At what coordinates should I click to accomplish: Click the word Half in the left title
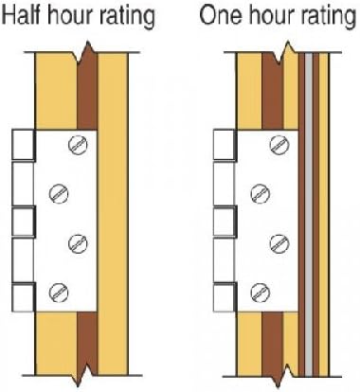(21, 15)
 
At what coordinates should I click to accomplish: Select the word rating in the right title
(327, 16)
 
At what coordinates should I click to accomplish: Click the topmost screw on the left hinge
(78, 145)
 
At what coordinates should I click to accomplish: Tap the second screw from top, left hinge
(59, 193)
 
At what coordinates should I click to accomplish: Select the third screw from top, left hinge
(78, 243)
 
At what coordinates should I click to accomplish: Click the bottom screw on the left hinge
(59, 293)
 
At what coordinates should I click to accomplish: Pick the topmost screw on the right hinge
(279, 145)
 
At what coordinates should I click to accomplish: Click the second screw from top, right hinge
(261, 193)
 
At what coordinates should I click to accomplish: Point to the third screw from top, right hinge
(279, 243)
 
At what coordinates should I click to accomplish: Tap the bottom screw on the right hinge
(260, 293)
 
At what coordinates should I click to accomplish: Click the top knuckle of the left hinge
(24, 145)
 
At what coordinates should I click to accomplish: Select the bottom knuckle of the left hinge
(24, 297)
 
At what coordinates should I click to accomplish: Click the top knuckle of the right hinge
(225, 145)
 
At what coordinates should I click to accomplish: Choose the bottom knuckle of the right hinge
(225, 297)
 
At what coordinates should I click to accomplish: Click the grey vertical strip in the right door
(309, 215)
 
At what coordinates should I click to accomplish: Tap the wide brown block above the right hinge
(273, 93)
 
